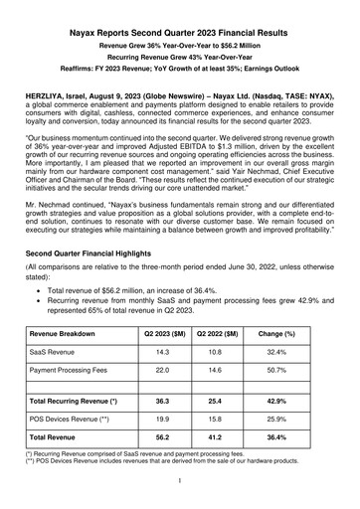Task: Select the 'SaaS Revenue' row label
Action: pos(57,352)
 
